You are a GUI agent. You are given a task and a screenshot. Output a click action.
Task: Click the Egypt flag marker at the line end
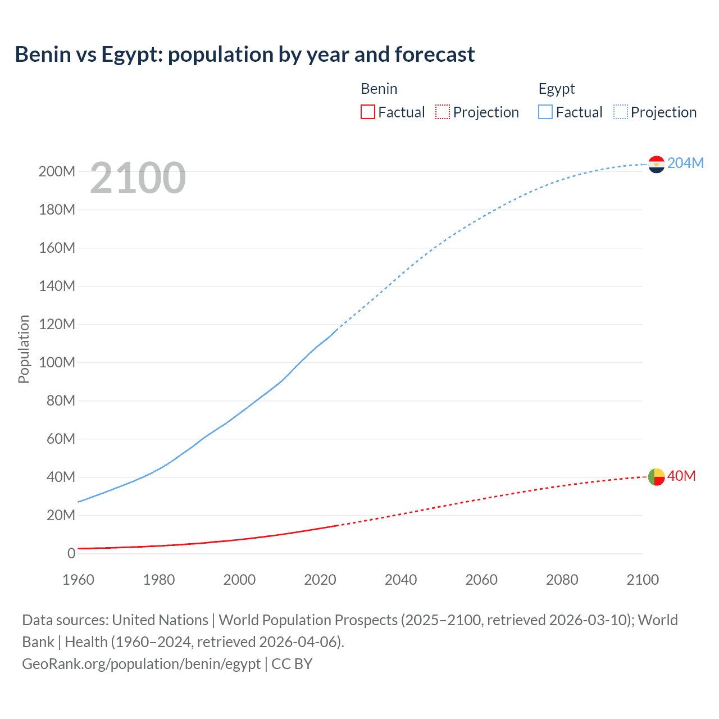(656, 164)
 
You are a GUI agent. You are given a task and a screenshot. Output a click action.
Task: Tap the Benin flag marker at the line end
(656, 477)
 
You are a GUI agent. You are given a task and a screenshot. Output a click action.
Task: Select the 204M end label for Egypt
(685, 163)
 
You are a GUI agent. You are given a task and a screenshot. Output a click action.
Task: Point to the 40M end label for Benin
(681, 476)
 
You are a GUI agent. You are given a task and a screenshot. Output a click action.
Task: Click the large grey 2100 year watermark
(138, 178)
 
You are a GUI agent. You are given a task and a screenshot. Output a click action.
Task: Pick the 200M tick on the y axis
(57, 171)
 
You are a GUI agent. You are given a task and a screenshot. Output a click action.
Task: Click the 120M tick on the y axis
(57, 324)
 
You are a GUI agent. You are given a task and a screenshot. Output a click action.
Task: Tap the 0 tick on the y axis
(71, 553)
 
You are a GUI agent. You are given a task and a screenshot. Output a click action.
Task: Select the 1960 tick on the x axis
(78, 580)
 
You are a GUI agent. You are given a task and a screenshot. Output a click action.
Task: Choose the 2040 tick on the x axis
(401, 580)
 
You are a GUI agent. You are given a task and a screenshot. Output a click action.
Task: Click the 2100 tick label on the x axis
(643, 580)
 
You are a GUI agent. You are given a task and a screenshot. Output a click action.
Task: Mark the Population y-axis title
(24, 349)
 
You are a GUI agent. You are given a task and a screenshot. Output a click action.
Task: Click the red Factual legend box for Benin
(367, 112)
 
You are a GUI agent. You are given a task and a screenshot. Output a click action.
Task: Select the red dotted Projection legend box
(443, 112)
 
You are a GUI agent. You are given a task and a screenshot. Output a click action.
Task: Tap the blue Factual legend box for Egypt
(545, 112)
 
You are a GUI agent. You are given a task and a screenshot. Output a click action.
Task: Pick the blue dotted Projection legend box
(620, 112)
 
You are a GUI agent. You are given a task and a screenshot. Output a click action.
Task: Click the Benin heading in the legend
(379, 89)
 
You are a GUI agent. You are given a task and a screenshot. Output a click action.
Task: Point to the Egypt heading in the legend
(557, 89)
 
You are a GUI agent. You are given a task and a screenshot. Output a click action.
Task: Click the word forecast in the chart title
(435, 54)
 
